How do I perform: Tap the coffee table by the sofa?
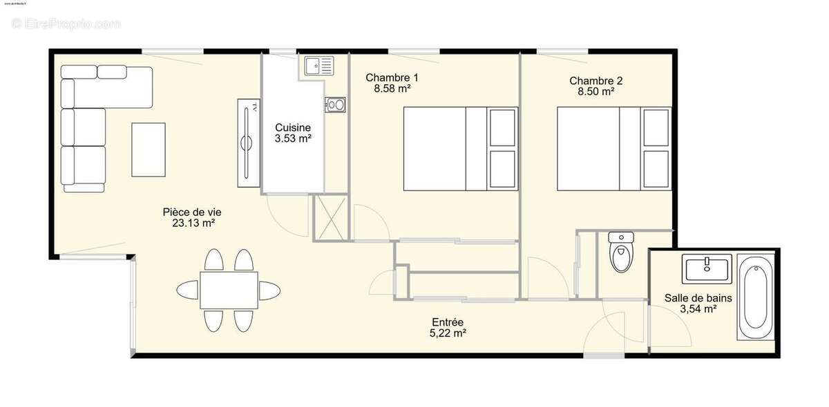pos(149,149)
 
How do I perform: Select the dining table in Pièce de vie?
pos(229,290)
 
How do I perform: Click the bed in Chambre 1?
pos(459,148)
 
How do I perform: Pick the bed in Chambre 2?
pos(613,148)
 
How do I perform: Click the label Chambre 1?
pos(392,77)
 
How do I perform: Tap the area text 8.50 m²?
pos(591,91)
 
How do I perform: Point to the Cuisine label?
pos(293,128)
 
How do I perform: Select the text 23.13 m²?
pos(192,223)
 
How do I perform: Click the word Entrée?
pos(448,322)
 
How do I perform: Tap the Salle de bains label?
pos(698,298)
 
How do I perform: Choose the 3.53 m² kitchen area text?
pos(293,139)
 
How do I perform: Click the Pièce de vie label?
pos(192,212)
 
